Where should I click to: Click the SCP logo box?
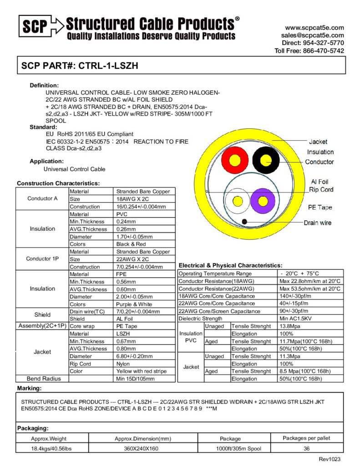tap(35, 27)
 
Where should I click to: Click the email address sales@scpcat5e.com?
tap(312, 35)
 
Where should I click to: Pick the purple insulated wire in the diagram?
tap(263, 201)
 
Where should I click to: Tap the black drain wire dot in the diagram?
tap(244, 221)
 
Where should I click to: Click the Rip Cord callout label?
tap(321, 189)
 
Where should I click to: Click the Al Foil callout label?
tap(319, 182)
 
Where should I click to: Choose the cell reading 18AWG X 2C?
tap(132, 199)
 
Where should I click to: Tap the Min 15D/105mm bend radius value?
tap(136, 379)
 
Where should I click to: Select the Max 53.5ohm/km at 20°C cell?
tap(309, 289)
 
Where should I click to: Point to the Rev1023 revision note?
tap(329, 459)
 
